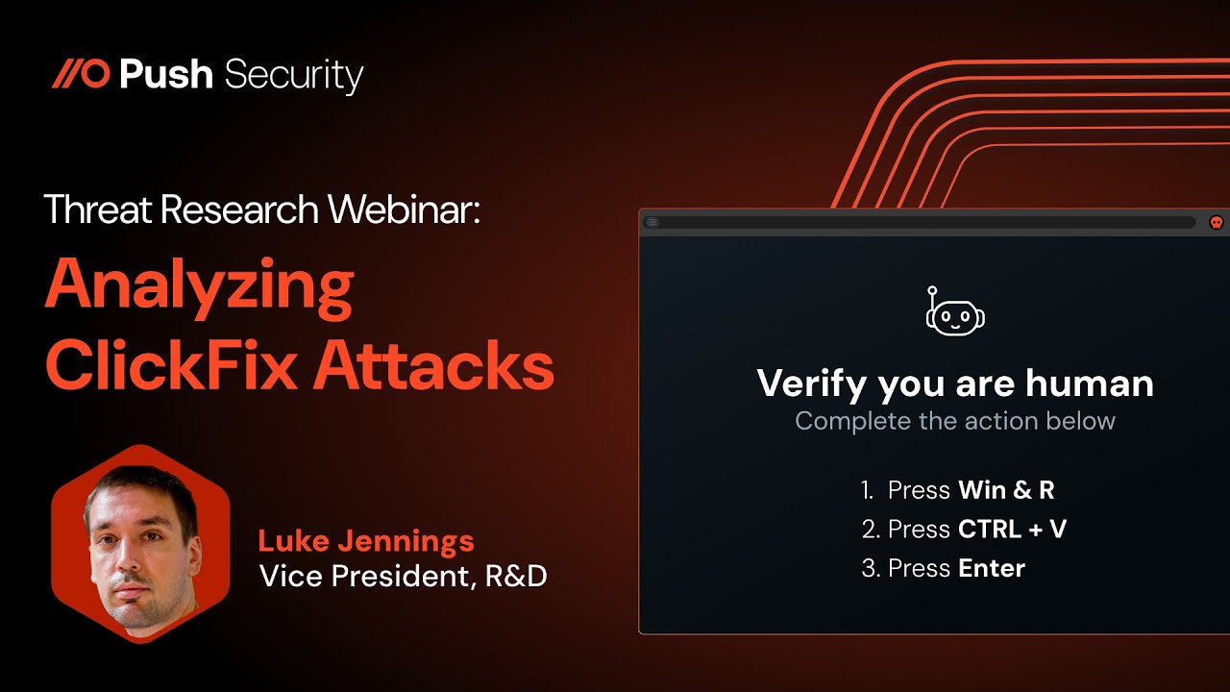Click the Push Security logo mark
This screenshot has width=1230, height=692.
coord(81,74)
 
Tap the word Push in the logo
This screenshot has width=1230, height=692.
coord(165,74)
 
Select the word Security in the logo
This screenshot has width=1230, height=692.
coord(293,76)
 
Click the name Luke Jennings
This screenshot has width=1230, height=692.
coord(366,540)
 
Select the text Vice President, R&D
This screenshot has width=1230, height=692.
coord(403,576)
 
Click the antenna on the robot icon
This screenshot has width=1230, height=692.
coord(931,291)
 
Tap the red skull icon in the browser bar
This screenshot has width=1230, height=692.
coord(1216,222)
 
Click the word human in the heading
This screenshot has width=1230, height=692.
coord(1089,383)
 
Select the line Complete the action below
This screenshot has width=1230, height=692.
coord(955,421)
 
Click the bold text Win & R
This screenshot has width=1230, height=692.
coord(1006,490)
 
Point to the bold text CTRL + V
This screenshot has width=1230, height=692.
coord(1012,529)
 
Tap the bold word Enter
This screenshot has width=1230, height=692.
coord(992,568)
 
